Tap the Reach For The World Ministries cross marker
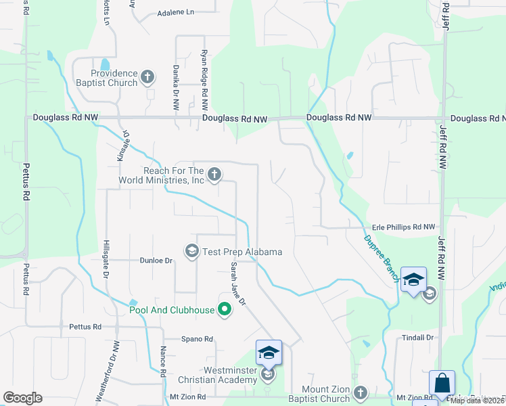pyautogui.click(x=214, y=175)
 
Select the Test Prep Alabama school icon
pyautogui.click(x=192, y=252)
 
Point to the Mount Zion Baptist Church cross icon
pyautogui.click(x=361, y=392)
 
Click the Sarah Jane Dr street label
pyautogui.click(x=236, y=284)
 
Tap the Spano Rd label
pyautogui.click(x=197, y=339)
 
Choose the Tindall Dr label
pyautogui.click(x=417, y=338)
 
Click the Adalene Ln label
pyautogui.click(x=175, y=13)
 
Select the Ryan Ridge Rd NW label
pyautogui.click(x=204, y=80)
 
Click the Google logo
pyautogui.click(x=22, y=398)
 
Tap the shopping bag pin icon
pyautogui.click(x=442, y=382)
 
